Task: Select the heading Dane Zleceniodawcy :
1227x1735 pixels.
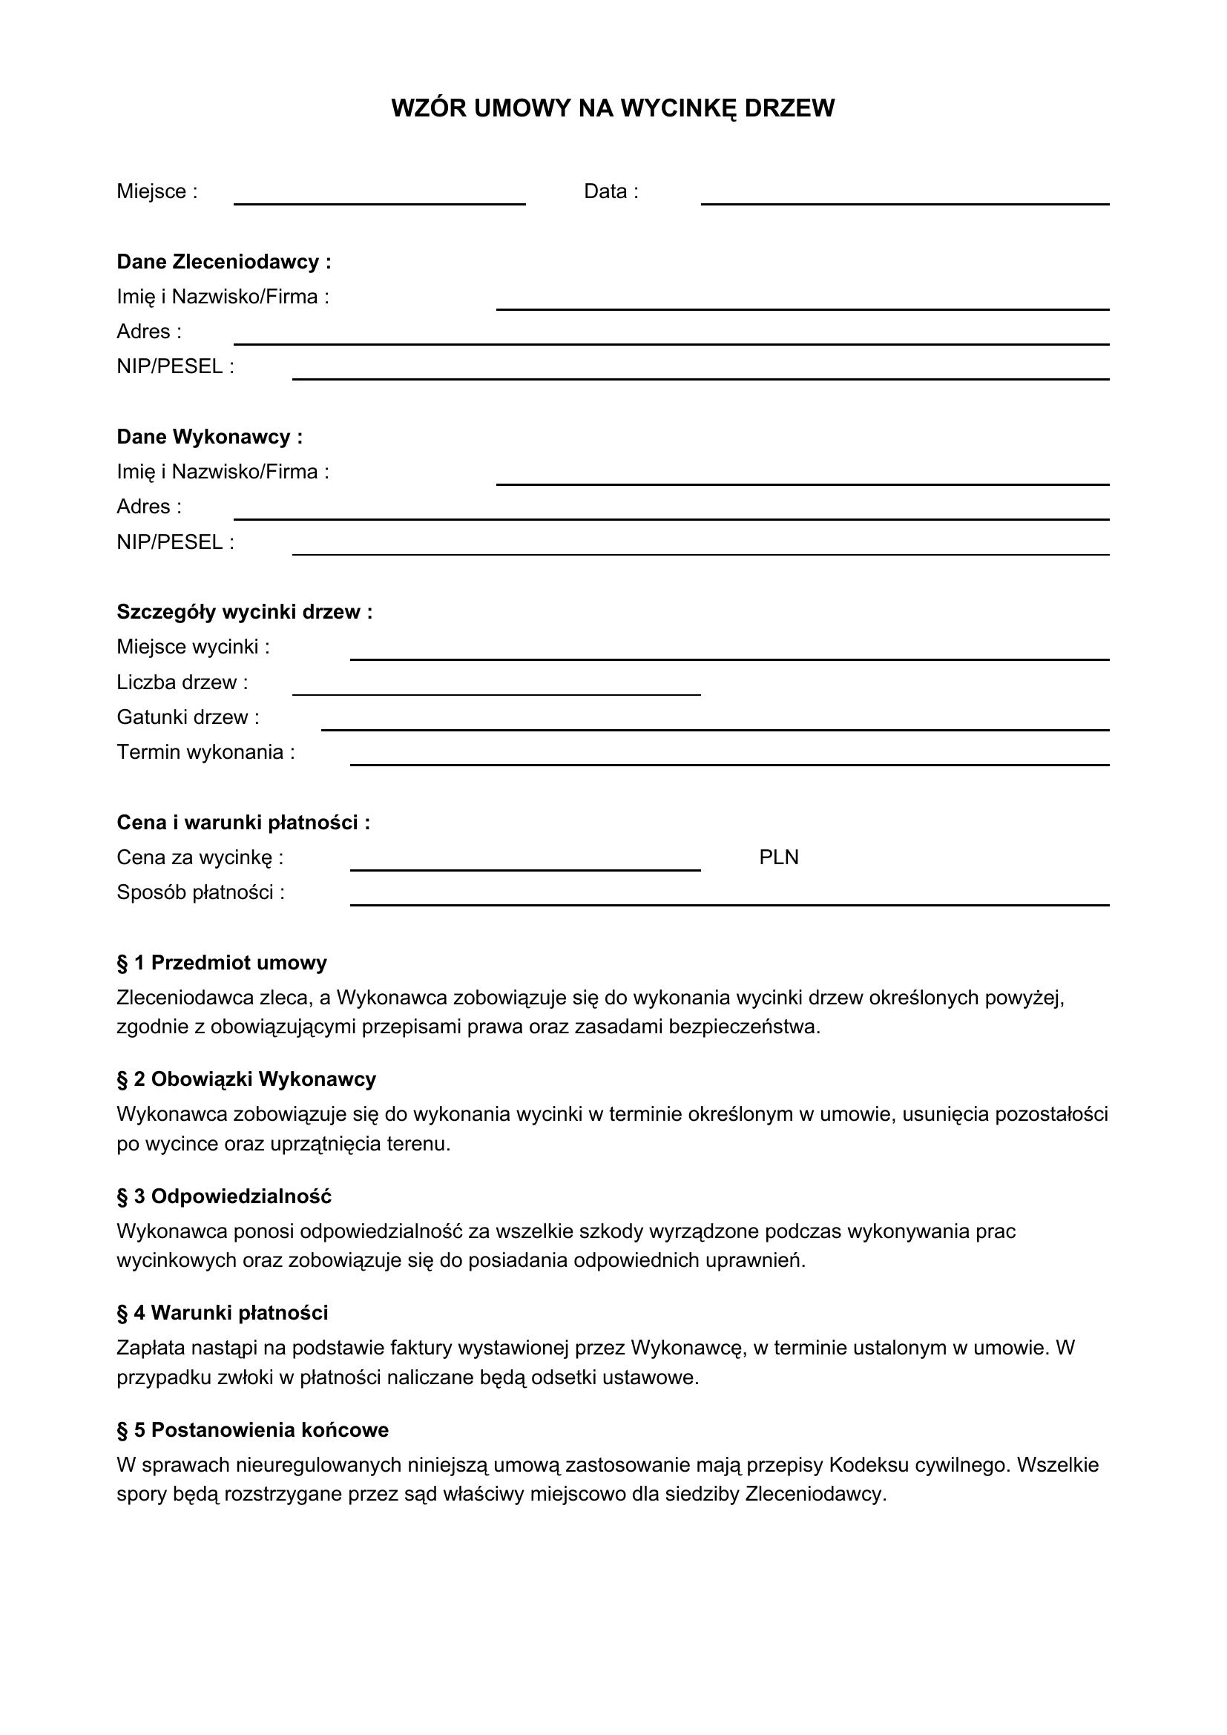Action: tap(223, 262)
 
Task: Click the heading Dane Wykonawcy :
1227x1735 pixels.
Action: tap(209, 437)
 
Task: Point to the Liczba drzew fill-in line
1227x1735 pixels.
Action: tap(496, 692)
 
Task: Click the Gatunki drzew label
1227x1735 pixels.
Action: tap(188, 717)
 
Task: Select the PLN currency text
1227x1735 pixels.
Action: tap(778, 857)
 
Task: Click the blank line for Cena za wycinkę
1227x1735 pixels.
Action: tap(525, 869)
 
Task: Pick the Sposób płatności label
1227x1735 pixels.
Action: tap(200, 892)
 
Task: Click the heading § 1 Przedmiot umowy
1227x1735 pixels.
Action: tap(221, 963)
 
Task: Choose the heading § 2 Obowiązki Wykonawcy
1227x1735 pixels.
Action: tap(246, 1079)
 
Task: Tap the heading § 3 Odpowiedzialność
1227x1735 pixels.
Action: tap(223, 1196)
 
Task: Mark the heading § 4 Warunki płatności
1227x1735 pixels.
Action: tap(222, 1313)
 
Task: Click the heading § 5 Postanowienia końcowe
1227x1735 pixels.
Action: tap(252, 1429)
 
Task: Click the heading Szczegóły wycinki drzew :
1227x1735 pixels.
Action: tap(244, 612)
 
